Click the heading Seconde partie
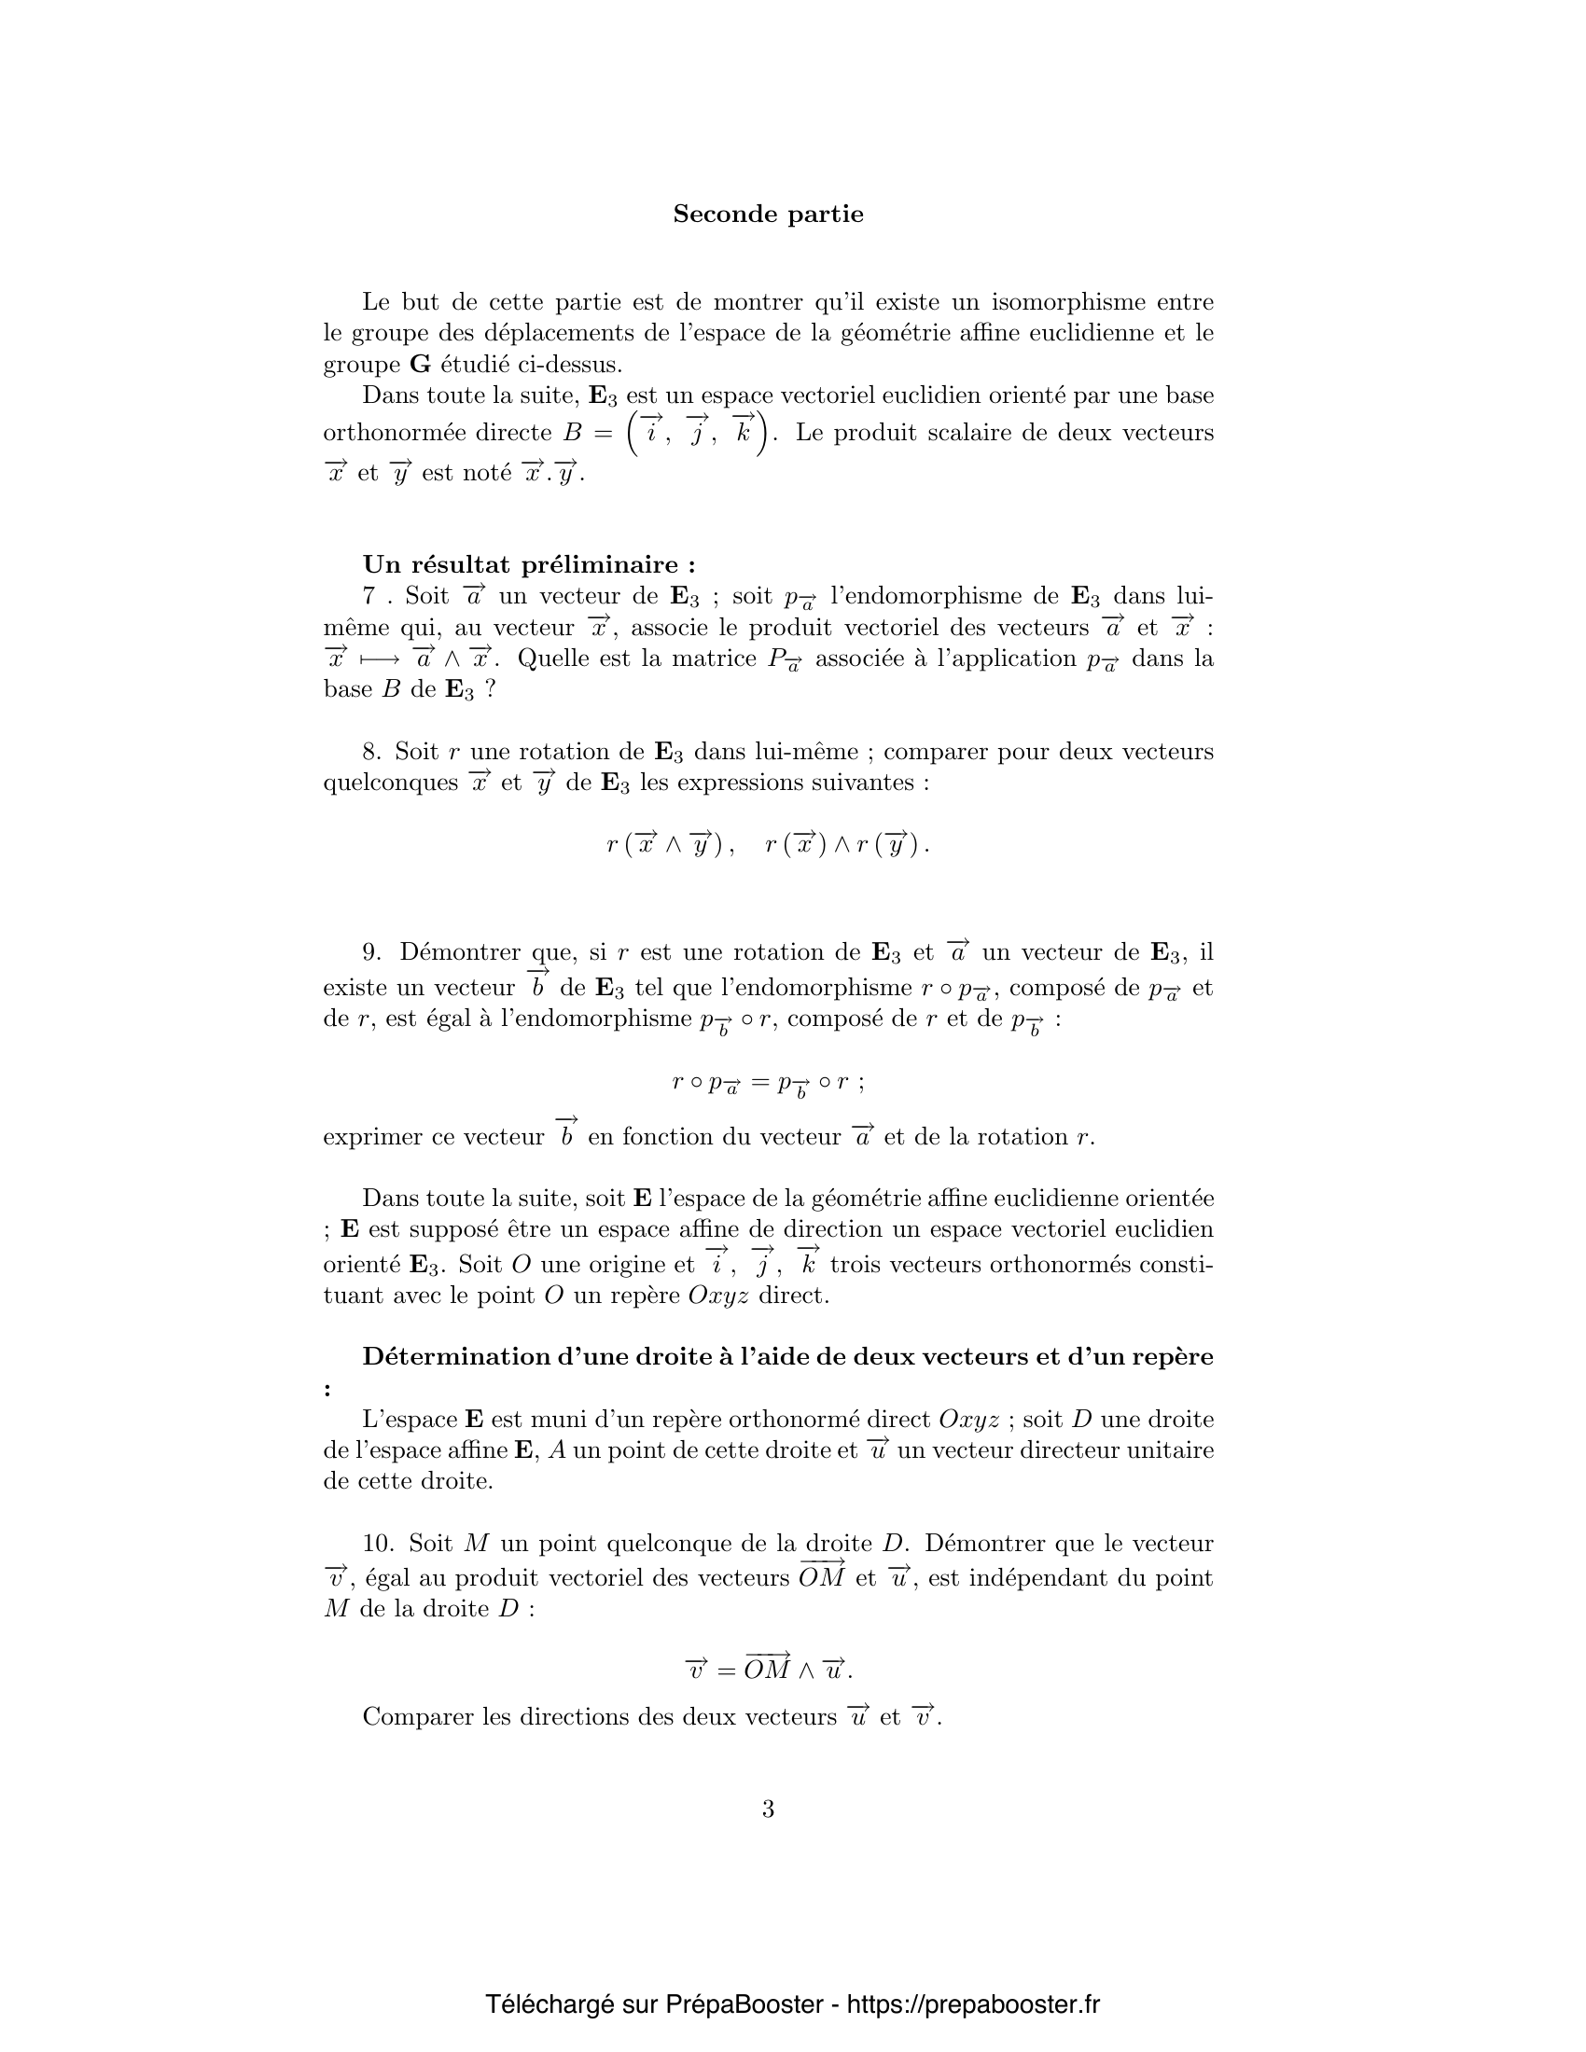click(768, 215)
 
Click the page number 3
click(768, 1809)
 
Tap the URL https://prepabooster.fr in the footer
click(972, 2004)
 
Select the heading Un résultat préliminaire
click(529, 564)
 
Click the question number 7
click(369, 597)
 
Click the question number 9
click(372, 952)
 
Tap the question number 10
click(376, 1544)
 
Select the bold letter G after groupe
click(419, 365)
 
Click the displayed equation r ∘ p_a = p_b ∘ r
click(768, 1083)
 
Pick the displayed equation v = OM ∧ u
click(768, 1670)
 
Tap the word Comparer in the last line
click(414, 1717)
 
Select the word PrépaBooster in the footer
click(744, 2004)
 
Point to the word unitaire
click(1172, 1450)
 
